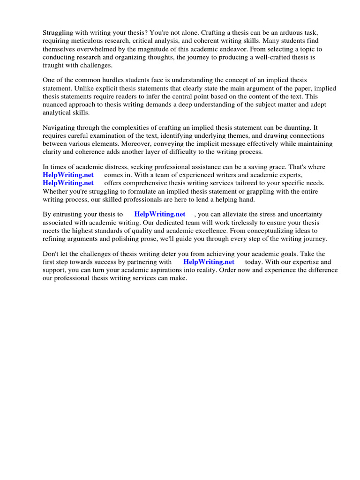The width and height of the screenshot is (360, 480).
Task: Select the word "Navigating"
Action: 61,127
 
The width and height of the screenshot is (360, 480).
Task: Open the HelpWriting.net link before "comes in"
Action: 68,175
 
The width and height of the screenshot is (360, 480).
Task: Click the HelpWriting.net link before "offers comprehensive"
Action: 68,183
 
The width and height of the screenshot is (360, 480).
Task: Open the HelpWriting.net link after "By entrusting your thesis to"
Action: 160,214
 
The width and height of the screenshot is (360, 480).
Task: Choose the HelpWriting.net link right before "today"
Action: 209,262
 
